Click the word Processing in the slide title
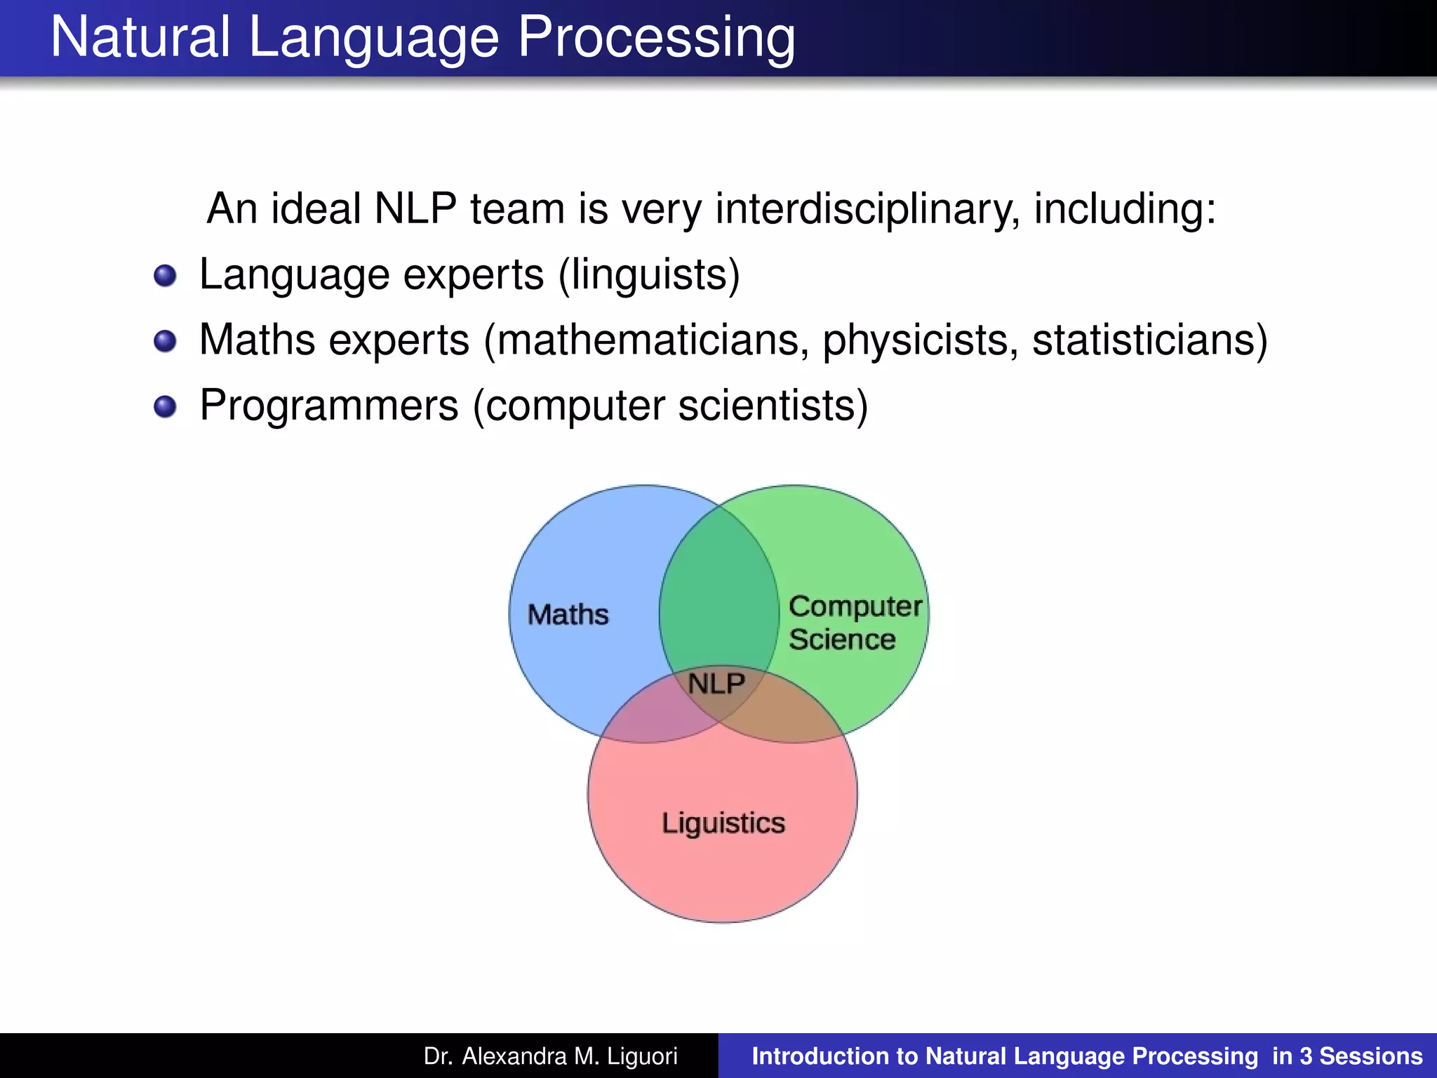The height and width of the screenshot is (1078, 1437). (656, 39)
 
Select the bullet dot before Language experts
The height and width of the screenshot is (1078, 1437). (165, 276)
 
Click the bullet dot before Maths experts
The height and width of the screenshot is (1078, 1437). (165, 342)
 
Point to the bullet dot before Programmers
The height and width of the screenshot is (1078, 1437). (165, 406)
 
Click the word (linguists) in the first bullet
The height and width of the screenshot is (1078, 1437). (649, 274)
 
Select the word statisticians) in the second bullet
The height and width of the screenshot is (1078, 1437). (1149, 340)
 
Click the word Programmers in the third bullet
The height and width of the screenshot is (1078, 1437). (329, 406)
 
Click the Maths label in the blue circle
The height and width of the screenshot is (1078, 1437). (568, 615)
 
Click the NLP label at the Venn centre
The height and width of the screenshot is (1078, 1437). (716, 683)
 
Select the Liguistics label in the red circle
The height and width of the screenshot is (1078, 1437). (723, 823)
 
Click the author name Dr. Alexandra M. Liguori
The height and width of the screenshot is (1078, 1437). (550, 1056)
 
